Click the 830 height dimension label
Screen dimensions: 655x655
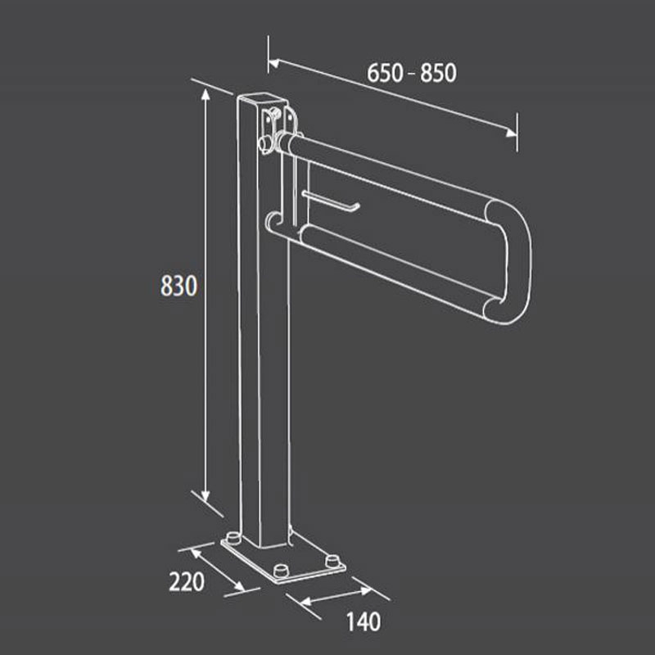coord(178,287)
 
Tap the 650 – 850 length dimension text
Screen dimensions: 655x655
coord(412,73)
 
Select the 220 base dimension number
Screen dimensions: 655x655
coord(186,583)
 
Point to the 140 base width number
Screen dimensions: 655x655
coord(364,622)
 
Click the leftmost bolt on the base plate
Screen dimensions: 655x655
coord(233,538)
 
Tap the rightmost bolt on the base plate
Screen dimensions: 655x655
coord(332,561)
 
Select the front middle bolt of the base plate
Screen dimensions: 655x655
coord(283,570)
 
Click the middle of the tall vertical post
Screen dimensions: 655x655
coord(263,327)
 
